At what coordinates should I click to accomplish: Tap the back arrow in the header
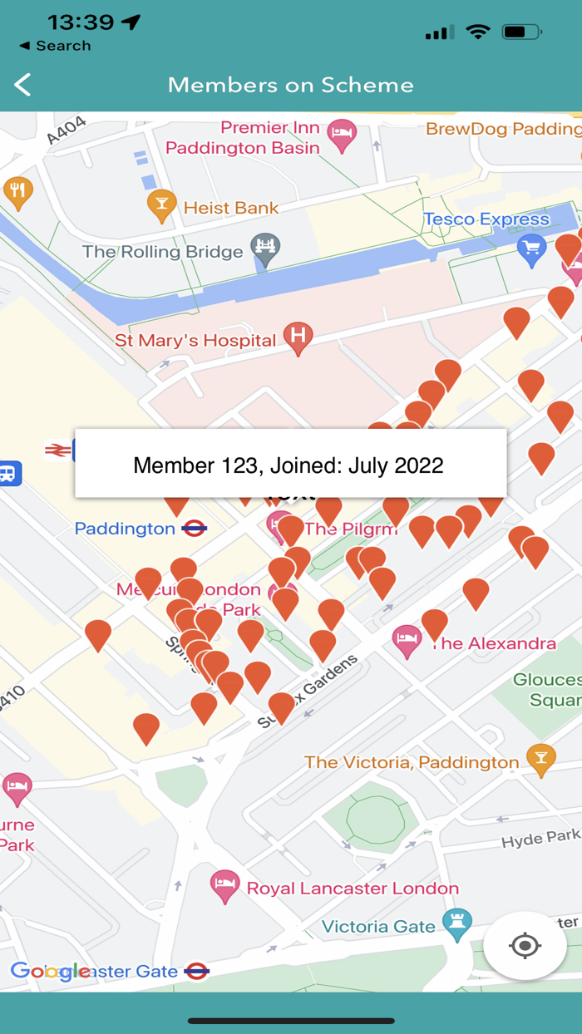coord(23,85)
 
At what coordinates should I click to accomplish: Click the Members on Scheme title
coord(290,85)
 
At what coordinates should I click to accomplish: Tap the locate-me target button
coord(525,946)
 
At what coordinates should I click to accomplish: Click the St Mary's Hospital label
coord(195,341)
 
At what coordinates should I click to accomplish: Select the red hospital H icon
coord(298,337)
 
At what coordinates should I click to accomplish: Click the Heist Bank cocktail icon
coord(161,204)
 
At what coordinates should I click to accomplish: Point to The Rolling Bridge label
coord(162,252)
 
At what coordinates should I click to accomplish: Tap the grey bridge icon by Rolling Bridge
coord(266,248)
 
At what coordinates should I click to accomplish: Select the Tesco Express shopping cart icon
coord(530,247)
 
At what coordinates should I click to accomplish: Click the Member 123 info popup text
coord(289,465)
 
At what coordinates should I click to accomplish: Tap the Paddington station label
coord(125,529)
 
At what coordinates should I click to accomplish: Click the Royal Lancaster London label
coord(353,889)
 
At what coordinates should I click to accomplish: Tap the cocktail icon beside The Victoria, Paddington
coord(541,759)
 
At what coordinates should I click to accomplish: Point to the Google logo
coord(50,971)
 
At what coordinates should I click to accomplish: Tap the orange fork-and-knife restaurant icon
coord(17,191)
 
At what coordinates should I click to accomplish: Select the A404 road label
coord(67,130)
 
